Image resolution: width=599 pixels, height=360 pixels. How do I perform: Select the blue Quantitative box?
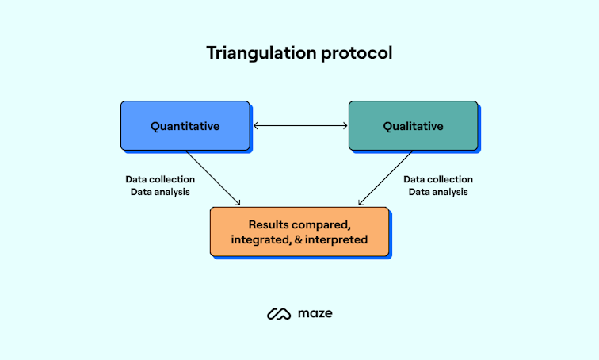pyautogui.click(x=185, y=125)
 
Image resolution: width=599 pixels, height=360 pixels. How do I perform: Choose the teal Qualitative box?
pyautogui.click(x=413, y=125)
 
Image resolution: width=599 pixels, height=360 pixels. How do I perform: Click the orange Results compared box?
pyautogui.click(x=299, y=231)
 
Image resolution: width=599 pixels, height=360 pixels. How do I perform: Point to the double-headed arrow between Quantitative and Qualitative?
pyautogui.click(x=299, y=125)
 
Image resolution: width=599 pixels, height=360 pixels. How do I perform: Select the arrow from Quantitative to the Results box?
pyautogui.click(x=212, y=177)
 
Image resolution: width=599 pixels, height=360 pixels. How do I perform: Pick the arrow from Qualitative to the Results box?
pyautogui.click(x=387, y=177)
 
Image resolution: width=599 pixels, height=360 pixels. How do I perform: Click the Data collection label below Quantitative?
pyautogui.click(x=160, y=179)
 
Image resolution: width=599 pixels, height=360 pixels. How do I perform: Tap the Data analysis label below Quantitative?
pyautogui.click(x=160, y=192)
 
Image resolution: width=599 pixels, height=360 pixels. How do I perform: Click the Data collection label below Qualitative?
pyautogui.click(x=438, y=179)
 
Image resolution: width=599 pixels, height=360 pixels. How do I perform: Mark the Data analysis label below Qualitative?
pyautogui.click(x=438, y=192)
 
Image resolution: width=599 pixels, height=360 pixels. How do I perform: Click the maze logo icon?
pyautogui.click(x=279, y=314)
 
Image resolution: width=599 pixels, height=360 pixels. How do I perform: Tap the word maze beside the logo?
pyautogui.click(x=316, y=314)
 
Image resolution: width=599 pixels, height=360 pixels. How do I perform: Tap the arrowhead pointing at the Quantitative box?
pyautogui.click(x=255, y=125)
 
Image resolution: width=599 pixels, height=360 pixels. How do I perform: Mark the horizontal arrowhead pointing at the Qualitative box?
pyautogui.click(x=345, y=125)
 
